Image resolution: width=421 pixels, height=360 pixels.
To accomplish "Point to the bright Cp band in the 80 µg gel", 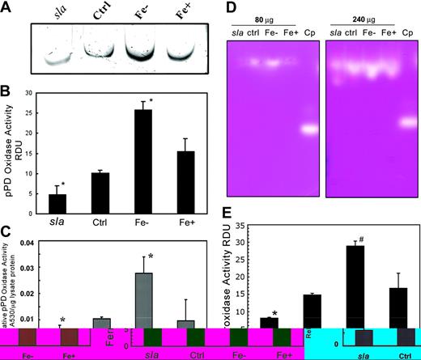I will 306,129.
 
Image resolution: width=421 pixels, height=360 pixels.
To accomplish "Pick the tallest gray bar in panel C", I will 142,299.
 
